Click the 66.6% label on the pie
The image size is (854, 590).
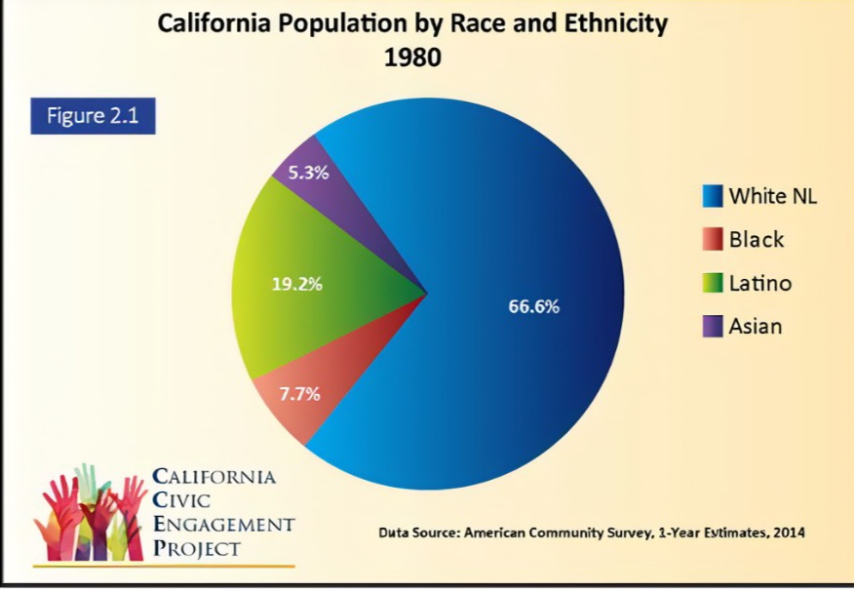click(534, 306)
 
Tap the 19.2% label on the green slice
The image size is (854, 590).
click(296, 285)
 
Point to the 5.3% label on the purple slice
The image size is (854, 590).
click(308, 173)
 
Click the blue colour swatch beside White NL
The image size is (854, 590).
click(713, 196)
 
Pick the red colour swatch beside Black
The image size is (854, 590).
click(713, 240)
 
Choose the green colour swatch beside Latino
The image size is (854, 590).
click(713, 284)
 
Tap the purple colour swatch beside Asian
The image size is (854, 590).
click(713, 327)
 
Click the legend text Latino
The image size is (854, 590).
click(760, 284)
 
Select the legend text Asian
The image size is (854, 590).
click(756, 327)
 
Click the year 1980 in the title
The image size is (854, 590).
click(412, 58)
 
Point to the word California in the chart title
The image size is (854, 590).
click(214, 23)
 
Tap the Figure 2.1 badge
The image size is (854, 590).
click(93, 116)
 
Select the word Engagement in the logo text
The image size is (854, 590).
click(223, 525)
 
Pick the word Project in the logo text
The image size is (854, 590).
click(196, 548)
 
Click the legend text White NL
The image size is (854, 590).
click(773, 196)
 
